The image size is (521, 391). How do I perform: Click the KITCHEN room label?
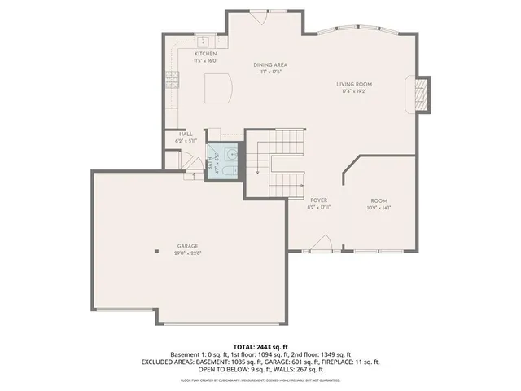(204, 54)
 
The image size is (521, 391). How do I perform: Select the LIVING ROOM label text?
(354, 84)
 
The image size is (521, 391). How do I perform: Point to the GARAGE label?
(187, 246)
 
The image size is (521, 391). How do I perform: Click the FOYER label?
(318, 200)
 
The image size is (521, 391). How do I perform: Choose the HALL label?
(186, 134)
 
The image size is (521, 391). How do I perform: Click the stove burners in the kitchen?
(172, 79)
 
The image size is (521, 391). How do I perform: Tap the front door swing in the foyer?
(322, 243)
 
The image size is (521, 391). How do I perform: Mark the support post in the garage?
(155, 252)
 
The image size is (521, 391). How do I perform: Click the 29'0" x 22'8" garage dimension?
(187, 253)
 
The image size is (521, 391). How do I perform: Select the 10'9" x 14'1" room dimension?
(379, 208)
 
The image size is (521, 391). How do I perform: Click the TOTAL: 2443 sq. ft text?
(260, 347)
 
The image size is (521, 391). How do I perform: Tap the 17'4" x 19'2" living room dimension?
(354, 91)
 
